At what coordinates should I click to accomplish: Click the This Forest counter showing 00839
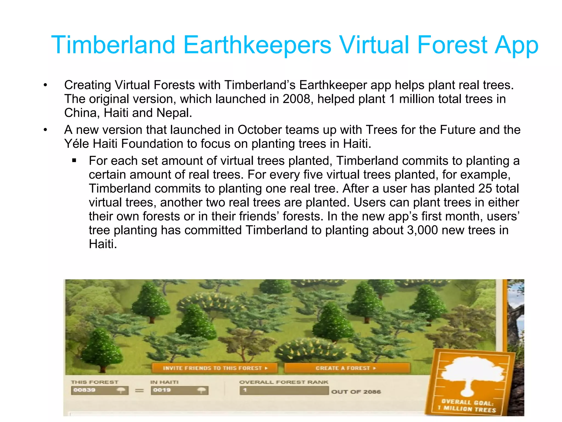point(100,390)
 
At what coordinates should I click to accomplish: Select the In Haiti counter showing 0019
point(179,390)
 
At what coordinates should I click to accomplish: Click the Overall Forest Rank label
point(284,382)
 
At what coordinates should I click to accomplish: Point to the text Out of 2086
point(356,392)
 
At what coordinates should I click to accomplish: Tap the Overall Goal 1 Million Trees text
point(468,406)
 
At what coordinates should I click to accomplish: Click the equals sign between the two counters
point(139,390)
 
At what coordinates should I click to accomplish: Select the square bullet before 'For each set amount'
point(74,161)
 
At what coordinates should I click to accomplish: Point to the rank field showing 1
point(284,390)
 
